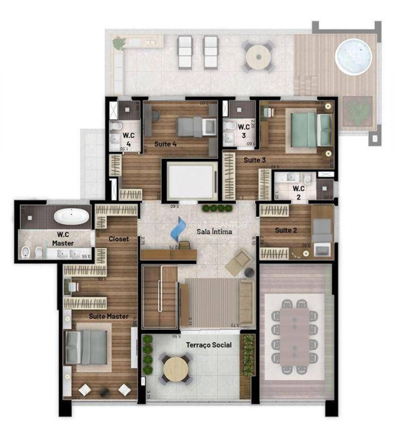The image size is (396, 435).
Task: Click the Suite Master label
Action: tap(108, 316)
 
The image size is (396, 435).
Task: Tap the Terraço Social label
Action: tap(208, 345)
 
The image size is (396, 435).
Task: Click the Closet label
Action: tap(118, 239)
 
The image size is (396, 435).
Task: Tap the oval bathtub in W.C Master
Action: tap(71, 216)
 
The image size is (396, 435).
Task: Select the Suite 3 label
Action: tap(255, 160)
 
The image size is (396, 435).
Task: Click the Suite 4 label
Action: tap(165, 144)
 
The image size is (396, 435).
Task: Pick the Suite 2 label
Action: tap(286, 229)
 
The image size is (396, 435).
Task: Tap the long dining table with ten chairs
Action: tap(295, 335)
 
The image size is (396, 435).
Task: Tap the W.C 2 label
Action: tap(299, 192)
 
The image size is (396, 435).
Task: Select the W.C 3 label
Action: tap(243, 130)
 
